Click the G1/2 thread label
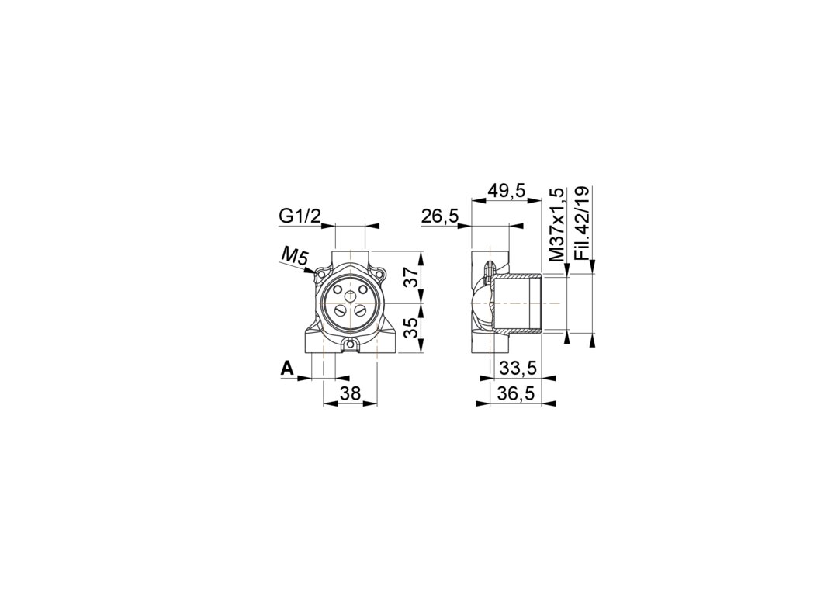point(300,216)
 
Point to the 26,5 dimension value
point(440,216)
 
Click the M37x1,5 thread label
point(557,224)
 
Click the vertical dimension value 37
point(410,277)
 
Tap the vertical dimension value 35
point(410,327)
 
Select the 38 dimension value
point(351,394)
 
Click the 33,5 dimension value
point(517,368)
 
